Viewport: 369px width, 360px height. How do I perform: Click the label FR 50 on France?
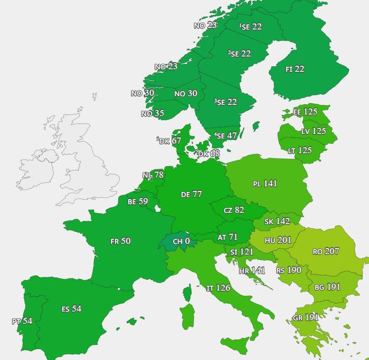click(121, 241)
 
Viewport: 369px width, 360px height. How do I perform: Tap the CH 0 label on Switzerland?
click(181, 241)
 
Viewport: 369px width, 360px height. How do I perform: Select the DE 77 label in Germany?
click(191, 195)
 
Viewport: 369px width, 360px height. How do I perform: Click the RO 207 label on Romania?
click(326, 252)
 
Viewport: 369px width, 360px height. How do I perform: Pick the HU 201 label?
click(278, 240)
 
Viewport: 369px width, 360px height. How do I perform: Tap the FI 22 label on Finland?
click(295, 69)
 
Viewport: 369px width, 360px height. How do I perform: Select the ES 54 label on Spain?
click(71, 309)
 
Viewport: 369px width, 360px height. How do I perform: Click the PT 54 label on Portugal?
click(22, 321)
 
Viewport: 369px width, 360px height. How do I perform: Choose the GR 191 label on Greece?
click(305, 318)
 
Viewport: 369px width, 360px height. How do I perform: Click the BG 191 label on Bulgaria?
click(327, 287)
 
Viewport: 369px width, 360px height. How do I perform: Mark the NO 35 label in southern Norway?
click(153, 114)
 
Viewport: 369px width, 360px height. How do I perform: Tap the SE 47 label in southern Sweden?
click(226, 136)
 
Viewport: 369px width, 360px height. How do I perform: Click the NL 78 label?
click(153, 175)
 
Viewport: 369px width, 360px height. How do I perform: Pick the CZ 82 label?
click(234, 210)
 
